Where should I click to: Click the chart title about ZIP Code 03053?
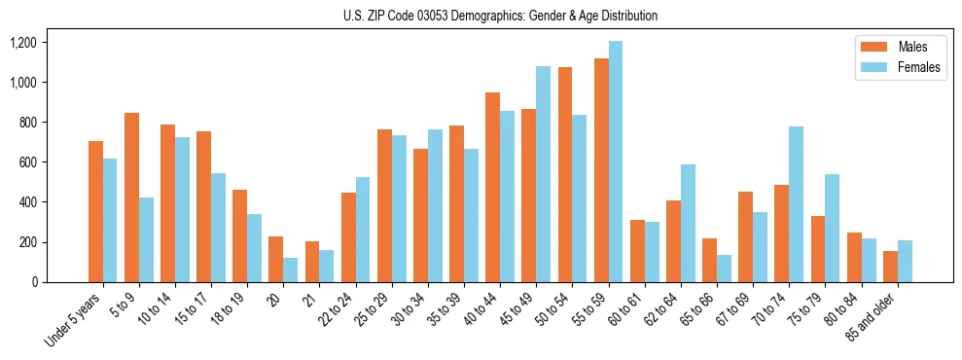[x=500, y=16]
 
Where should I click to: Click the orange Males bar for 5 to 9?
[x=132, y=198]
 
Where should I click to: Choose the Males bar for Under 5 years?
[x=95, y=211]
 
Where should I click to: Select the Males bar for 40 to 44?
[x=493, y=187]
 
